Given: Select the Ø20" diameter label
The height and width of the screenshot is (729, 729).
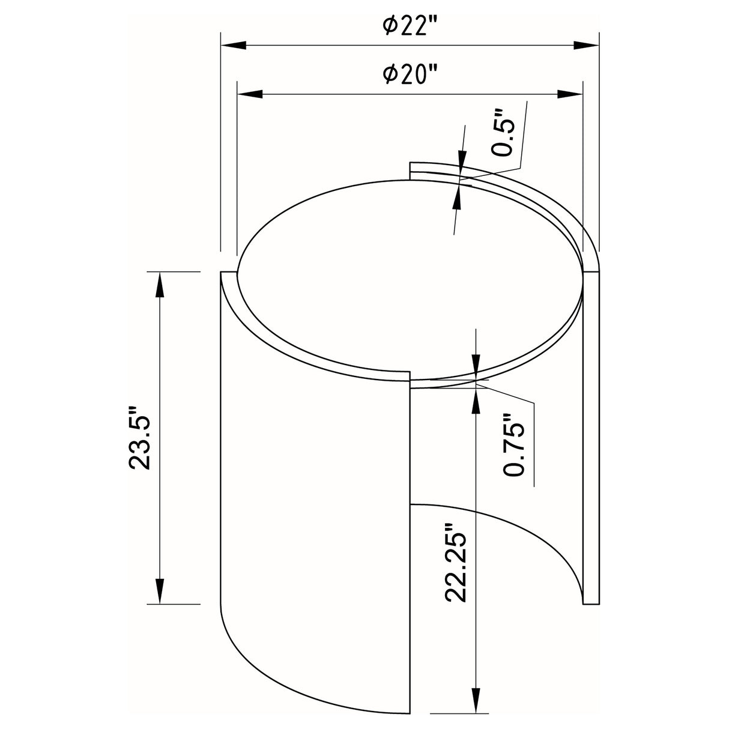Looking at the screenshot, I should click(410, 76).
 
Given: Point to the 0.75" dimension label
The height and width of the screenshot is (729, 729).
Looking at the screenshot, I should click(515, 444).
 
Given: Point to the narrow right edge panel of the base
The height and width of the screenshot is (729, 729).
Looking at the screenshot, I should click(591, 438).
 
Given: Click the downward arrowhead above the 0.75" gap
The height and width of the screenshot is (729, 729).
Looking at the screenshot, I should click(476, 366).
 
